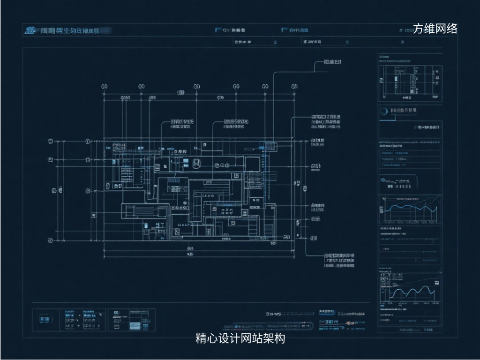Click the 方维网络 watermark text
435,29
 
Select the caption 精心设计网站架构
240,338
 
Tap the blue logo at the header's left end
30,31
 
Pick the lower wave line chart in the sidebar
410,291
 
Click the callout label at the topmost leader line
332,62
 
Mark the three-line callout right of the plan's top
326,121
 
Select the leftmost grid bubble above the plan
105,87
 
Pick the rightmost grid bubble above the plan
294,87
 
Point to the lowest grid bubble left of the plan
51,240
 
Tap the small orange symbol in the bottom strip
349,323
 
